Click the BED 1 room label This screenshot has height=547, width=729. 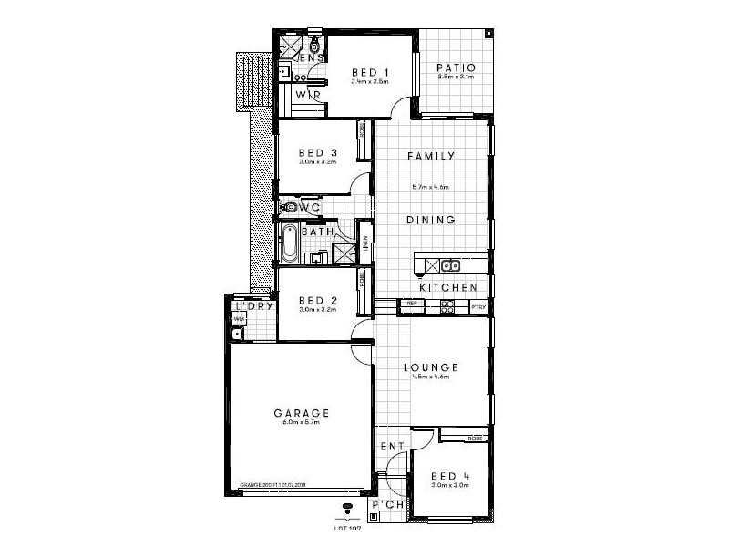[x=370, y=72]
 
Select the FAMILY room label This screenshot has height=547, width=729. [x=431, y=156]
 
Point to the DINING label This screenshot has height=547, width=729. [x=431, y=220]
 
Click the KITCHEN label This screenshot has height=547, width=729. [x=448, y=287]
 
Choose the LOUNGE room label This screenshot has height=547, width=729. [x=431, y=367]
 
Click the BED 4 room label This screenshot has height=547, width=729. [x=449, y=476]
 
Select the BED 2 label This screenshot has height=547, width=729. [x=318, y=300]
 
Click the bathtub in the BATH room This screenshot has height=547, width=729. [x=289, y=243]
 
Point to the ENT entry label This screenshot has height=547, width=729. [x=392, y=447]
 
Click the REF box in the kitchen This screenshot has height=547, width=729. [x=411, y=303]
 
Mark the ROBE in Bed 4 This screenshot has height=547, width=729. [x=474, y=439]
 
